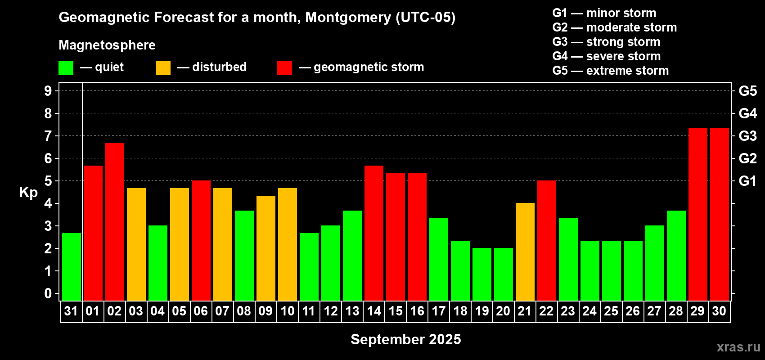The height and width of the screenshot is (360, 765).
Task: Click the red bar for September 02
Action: tap(115, 221)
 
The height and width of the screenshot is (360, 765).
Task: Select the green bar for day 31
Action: tap(72, 266)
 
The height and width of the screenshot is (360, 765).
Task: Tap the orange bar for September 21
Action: tap(525, 252)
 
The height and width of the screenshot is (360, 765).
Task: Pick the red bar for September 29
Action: tap(698, 214)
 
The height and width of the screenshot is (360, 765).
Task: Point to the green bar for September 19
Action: tap(482, 274)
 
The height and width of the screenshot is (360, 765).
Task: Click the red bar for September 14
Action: tap(374, 233)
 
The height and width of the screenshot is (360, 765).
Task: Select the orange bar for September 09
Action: tap(266, 248)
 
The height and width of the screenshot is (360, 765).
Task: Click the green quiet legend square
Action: tap(66, 68)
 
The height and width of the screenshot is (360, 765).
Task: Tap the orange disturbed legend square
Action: tap(163, 68)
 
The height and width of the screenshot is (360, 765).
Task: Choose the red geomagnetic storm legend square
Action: tap(284, 68)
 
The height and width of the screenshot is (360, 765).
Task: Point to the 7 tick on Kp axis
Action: tap(48, 136)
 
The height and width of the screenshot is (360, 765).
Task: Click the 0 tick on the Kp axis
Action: tap(48, 294)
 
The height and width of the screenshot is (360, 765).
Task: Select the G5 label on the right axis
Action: tap(747, 91)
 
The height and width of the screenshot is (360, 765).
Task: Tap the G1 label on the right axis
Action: tap(747, 181)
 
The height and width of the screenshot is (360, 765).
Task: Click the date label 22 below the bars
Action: tap(546, 311)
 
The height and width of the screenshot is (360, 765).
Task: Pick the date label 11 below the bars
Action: tap(309, 311)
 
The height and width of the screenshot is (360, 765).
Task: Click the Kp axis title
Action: tap(28, 192)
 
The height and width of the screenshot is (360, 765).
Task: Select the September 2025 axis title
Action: tap(405, 339)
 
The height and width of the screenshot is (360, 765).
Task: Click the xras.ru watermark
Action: tap(738, 346)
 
